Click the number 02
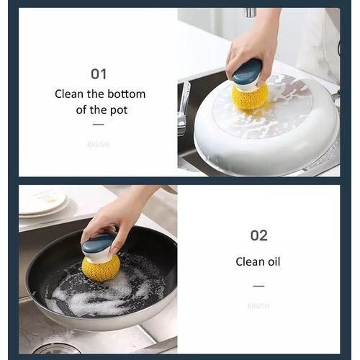[258, 235]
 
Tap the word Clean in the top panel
[70, 94]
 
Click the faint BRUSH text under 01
[98, 145]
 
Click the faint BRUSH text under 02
[258, 306]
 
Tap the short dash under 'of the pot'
[98, 125]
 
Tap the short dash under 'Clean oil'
[258, 286]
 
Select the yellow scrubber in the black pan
[101, 268]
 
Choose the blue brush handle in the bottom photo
[98, 244]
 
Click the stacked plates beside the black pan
[42, 204]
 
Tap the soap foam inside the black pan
[86, 295]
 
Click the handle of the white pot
[183, 108]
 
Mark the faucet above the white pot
[250, 13]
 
